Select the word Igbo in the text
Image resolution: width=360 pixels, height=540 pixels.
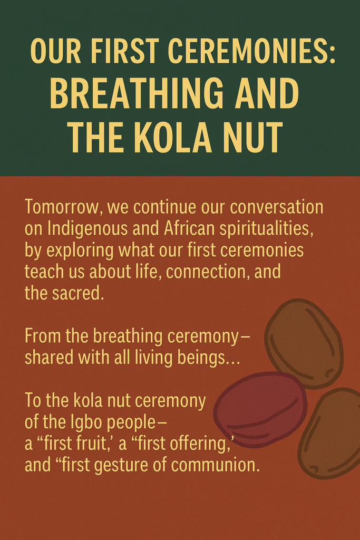pos(87,422)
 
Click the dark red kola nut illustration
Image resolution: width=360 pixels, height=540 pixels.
pos(260,409)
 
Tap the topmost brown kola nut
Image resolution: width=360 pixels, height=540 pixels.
pos(304,343)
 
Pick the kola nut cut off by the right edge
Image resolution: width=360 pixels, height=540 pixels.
pos(330,433)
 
